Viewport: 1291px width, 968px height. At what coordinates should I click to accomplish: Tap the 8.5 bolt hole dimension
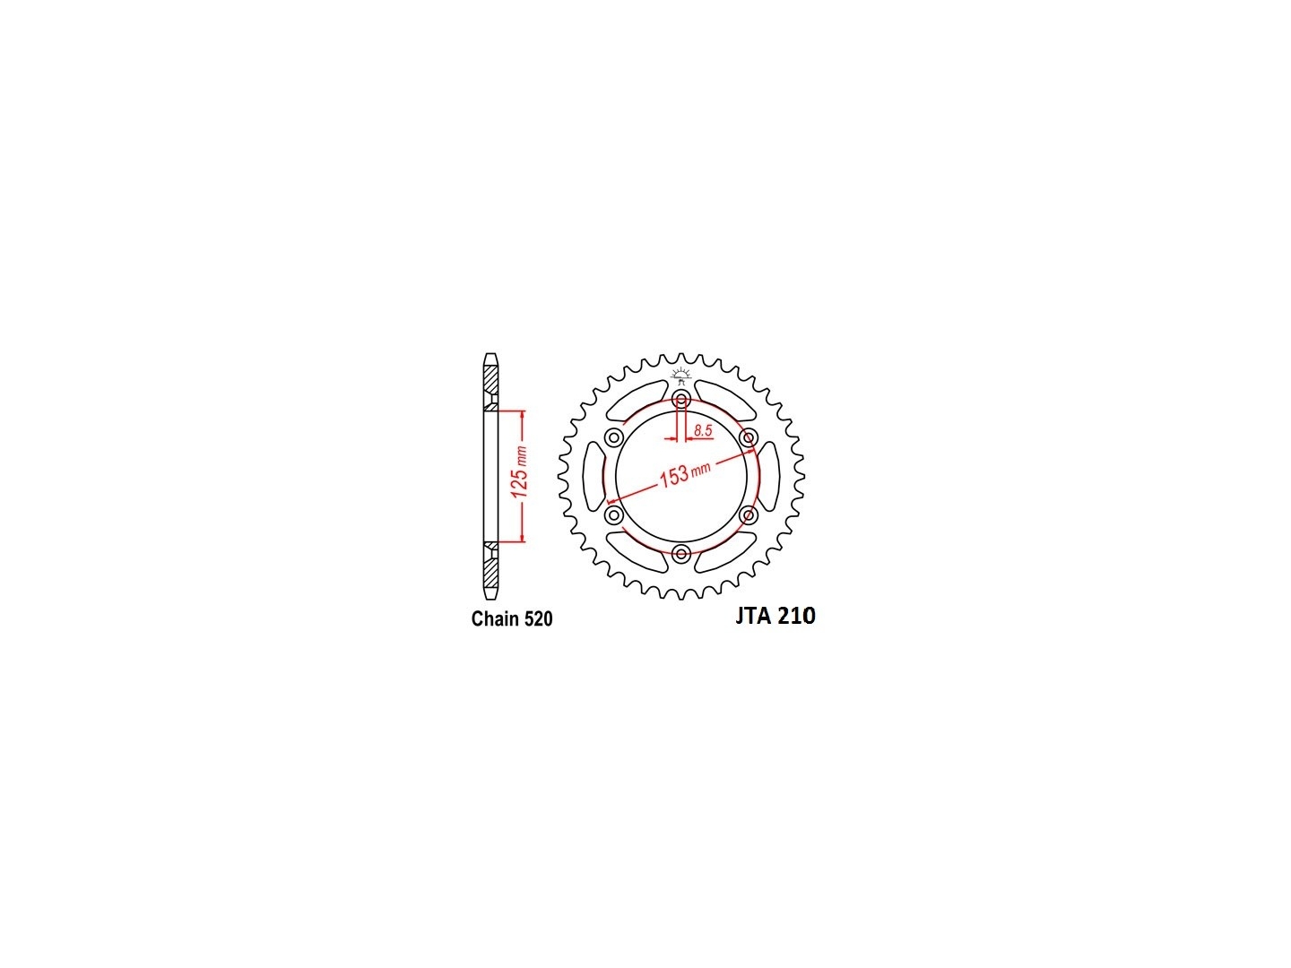703,431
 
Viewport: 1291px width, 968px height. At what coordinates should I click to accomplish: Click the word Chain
495,619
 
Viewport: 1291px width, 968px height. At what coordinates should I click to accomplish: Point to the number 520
538,619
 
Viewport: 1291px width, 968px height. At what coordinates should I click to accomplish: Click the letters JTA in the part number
753,616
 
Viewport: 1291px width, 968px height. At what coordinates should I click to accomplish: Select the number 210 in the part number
796,616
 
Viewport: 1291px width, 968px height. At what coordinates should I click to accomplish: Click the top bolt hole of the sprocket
681,400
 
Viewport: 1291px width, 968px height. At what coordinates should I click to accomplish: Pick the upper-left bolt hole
614,437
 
